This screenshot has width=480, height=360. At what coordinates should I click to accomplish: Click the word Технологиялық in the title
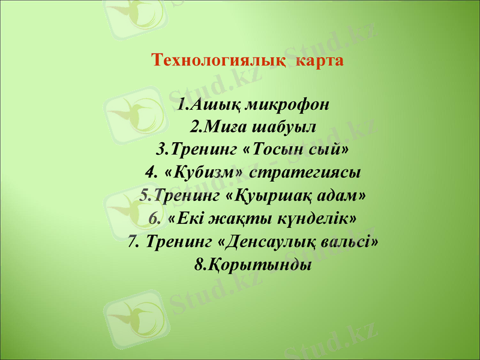click(215, 61)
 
